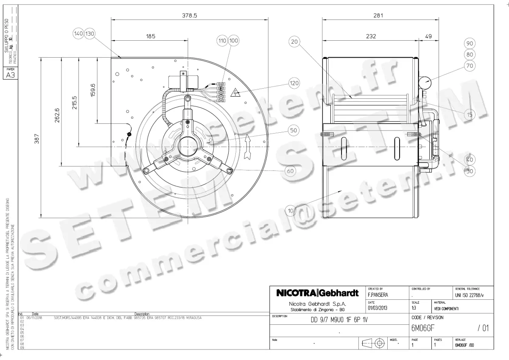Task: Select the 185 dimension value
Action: point(151,37)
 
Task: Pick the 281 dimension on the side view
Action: point(378,15)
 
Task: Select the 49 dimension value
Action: point(428,37)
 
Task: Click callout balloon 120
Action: point(294,83)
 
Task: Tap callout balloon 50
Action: point(294,131)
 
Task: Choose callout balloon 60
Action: point(290,171)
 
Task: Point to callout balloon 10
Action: point(290,210)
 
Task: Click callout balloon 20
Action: point(294,41)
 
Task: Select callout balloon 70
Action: point(470,66)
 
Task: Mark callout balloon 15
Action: point(470,115)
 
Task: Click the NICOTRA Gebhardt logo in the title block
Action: point(317,293)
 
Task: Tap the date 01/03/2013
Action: point(378,308)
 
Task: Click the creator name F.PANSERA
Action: point(378,294)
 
